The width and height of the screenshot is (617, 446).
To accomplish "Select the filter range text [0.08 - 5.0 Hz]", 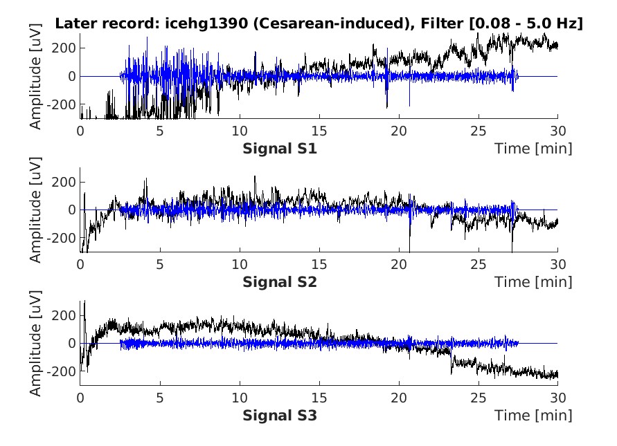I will [x=526, y=23].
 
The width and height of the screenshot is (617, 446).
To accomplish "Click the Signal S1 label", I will [x=280, y=148].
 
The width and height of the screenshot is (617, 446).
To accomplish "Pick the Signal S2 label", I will [x=280, y=281].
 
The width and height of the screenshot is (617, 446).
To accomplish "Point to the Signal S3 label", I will [x=280, y=416].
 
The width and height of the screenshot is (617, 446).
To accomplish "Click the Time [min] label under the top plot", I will [x=533, y=148].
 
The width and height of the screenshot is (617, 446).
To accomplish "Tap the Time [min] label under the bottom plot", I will [x=533, y=416].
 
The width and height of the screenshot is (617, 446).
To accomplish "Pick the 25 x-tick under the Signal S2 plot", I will [x=478, y=264].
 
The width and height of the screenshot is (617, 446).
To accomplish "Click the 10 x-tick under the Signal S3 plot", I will [x=239, y=398].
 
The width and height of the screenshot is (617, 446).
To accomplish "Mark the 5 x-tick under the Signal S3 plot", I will [x=159, y=398].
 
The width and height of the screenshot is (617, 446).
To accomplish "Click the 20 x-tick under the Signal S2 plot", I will [x=398, y=264].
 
